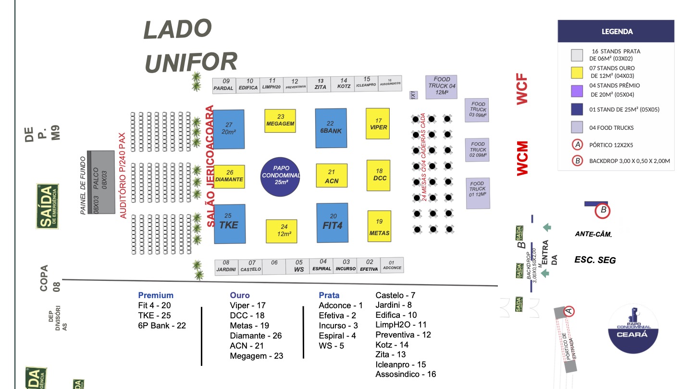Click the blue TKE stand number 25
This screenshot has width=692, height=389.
click(x=229, y=224)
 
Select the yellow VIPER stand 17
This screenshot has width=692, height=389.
click(x=377, y=124)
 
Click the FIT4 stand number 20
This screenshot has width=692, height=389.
click(x=332, y=223)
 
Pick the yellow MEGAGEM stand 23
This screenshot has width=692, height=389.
click(x=280, y=121)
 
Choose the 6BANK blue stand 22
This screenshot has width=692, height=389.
click(x=331, y=128)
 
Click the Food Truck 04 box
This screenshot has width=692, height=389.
click(x=441, y=87)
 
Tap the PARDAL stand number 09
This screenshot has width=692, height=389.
click(x=223, y=85)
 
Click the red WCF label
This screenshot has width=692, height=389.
click(x=522, y=89)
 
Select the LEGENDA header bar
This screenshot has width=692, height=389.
click(x=617, y=32)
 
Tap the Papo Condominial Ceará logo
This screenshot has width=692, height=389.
click(x=633, y=328)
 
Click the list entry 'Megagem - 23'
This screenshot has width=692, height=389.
click(x=256, y=356)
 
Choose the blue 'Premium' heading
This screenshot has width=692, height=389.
click(x=156, y=295)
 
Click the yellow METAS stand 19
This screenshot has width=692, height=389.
click(x=379, y=226)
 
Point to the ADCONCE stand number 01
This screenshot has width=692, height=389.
click(x=392, y=265)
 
